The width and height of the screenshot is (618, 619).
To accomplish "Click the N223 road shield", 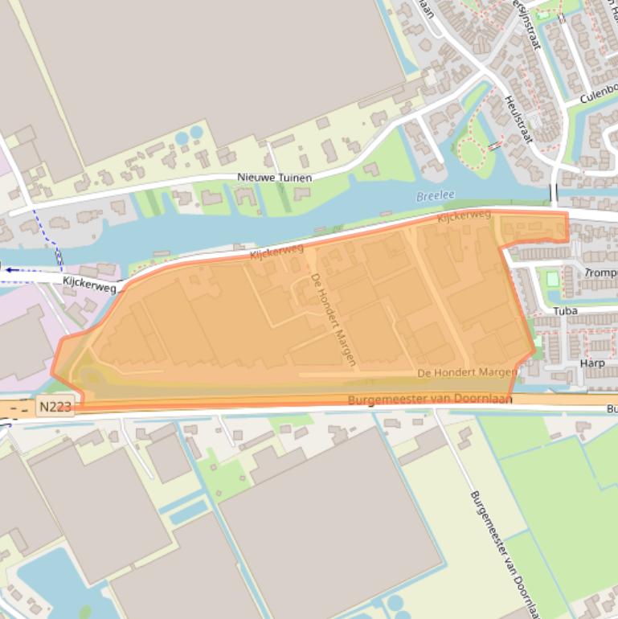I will point(55,408).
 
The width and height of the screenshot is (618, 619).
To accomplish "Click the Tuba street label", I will point(565,310).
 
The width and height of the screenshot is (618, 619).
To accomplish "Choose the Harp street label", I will point(591,363).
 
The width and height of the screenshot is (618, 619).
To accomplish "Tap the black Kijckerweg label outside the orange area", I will point(89,284).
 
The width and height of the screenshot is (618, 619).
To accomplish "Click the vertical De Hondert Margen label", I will point(333,319).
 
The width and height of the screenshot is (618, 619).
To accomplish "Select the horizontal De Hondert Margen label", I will point(467,372).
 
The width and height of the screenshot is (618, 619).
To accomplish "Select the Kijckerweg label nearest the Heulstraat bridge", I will point(464,216).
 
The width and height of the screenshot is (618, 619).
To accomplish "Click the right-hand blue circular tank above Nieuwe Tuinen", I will point(196,133).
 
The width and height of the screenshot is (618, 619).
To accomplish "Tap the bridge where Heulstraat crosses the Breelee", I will point(554,193).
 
